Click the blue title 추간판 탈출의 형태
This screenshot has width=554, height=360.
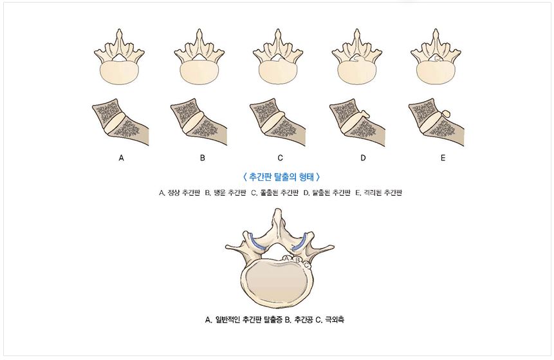tap(281, 176)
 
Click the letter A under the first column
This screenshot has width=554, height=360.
tap(121, 158)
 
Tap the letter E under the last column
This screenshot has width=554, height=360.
tap(443, 158)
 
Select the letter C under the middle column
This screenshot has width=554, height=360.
tap(280, 158)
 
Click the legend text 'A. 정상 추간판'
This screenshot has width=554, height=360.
tap(180, 193)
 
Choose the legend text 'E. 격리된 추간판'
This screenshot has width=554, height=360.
tap(378, 193)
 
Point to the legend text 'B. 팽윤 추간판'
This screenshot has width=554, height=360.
tap(225, 193)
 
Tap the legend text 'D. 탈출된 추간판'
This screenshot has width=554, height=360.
tap(327, 193)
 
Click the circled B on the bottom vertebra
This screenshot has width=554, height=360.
tap(297, 261)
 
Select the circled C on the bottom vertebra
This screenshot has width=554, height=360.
tap(306, 265)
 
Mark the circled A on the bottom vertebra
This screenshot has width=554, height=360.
tap(287, 258)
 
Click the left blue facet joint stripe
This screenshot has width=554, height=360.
tap(257, 242)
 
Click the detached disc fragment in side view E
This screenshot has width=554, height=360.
tap(447, 114)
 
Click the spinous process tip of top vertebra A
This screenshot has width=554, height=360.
tap(120, 31)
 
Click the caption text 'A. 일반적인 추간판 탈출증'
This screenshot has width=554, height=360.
tap(244, 320)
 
